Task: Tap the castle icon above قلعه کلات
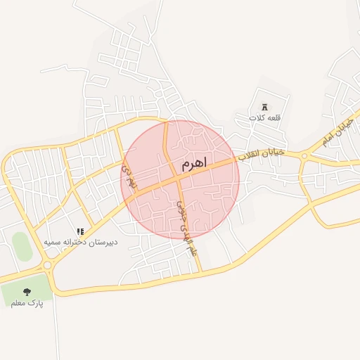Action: tap(264, 107)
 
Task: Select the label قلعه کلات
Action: tap(264, 117)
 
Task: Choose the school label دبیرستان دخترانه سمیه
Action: tap(81, 242)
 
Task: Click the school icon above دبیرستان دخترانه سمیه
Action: tap(81, 231)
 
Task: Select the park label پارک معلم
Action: tap(27, 303)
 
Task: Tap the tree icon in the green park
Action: tap(27, 291)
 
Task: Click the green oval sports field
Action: tap(22, 247)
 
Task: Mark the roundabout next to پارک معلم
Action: tap(48, 266)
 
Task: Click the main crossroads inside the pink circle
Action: tap(175, 177)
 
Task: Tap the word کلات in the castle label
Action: tap(255, 117)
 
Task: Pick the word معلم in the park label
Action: tap(19, 303)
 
